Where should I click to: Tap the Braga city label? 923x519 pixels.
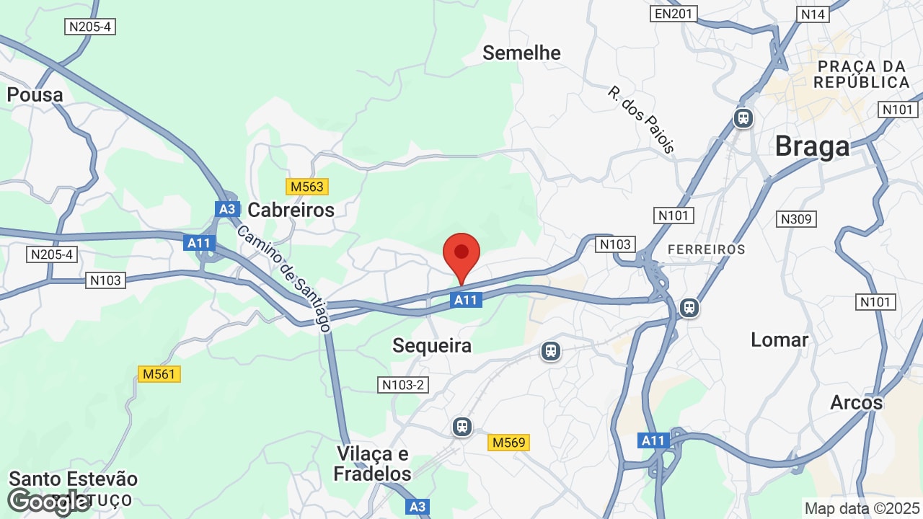pyautogui.click(x=812, y=146)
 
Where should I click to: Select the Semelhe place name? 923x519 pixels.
pyautogui.click(x=521, y=53)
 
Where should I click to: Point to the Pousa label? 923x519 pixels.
pyautogui.click(x=35, y=94)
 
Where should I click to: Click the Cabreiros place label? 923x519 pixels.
pyautogui.click(x=291, y=210)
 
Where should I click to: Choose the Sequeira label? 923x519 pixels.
pyautogui.click(x=432, y=345)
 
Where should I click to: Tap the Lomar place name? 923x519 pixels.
pyautogui.click(x=780, y=340)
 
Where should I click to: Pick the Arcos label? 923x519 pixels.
pyautogui.click(x=856, y=402)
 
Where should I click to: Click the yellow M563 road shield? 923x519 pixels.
pyautogui.click(x=307, y=187)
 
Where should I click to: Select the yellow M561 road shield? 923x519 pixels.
pyautogui.click(x=159, y=374)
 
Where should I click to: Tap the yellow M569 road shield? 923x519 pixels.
pyautogui.click(x=509, y=442)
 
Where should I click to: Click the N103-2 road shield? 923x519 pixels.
pyautogui.click(x=403, y=385)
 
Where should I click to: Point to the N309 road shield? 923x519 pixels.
pyautogui.click(x=796, y=218)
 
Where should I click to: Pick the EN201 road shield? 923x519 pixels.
pyautogui.click(x=674, y=13)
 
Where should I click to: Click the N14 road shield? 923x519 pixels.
pyautogui.click(x=813, y=14)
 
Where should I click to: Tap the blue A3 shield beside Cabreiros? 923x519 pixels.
pyautogui.click(x=227, y=209)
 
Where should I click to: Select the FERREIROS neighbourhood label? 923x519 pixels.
pyautogui.click(x=706, y=249)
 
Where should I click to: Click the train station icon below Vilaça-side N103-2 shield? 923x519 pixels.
pyautogui.click(x=462, y=427)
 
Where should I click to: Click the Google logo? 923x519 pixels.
pyautogui.click(x=48, y=501)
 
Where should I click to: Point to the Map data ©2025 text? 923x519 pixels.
pyautogui.click(x=862, y=508)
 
